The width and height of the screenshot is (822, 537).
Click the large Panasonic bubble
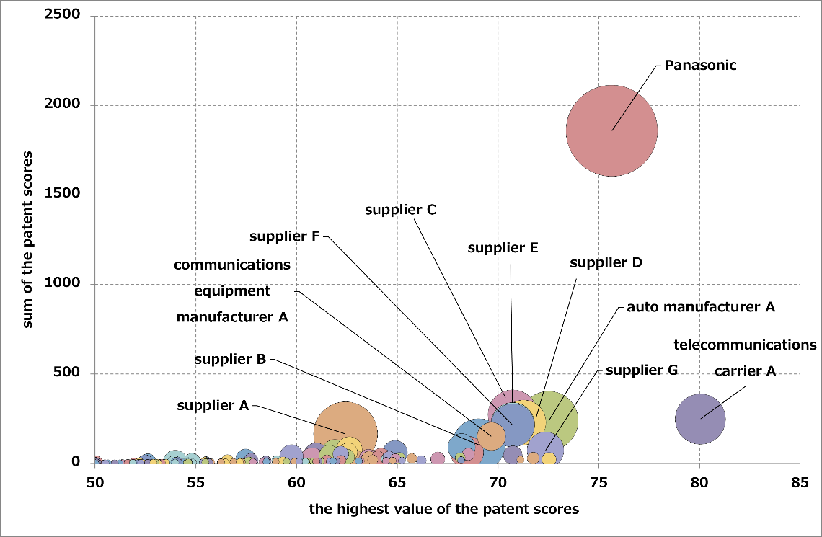point(611,130)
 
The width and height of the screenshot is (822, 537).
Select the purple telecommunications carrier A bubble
point(700,418)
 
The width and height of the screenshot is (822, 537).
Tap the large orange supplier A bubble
point(345,432)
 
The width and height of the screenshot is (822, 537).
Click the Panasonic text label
point(700,66)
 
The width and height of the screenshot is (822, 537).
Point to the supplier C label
point(400,210)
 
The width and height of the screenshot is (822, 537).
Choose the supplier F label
point(285,236)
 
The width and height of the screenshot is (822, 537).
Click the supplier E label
point(503,248)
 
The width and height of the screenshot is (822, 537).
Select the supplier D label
point(606,262)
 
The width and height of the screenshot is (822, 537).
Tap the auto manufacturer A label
point(700,307)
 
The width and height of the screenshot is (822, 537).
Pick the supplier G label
point(642,370)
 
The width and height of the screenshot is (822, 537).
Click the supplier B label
point(230,359)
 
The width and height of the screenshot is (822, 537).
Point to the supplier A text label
point(213,406)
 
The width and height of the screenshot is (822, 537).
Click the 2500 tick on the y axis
point(66,16)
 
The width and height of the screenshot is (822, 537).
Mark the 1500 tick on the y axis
point(66,195)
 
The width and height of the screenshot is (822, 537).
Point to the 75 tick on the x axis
point(598,479)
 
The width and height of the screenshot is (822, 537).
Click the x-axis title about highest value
point(444,510)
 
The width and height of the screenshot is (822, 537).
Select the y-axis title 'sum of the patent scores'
point(28,239)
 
